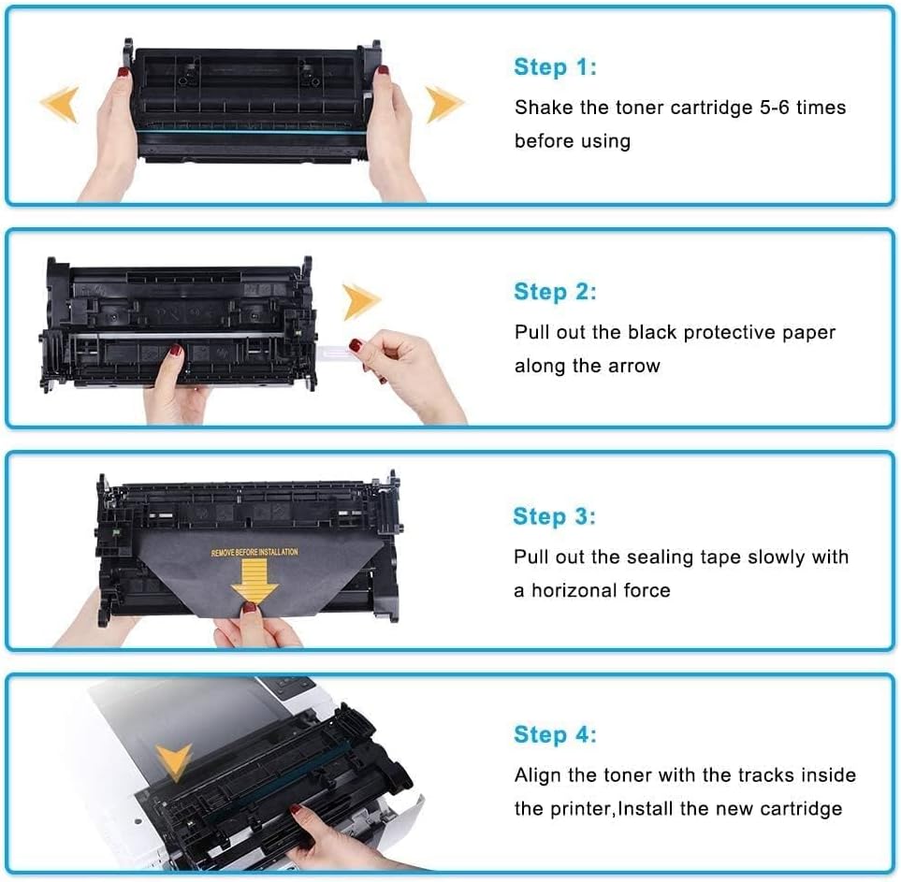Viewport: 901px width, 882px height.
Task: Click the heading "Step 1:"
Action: tap(555, 67)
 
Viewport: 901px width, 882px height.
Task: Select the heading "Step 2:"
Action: tap(555, 292)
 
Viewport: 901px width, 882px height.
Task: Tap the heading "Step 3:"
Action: tap(554, 516)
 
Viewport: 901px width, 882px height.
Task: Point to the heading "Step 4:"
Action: tap(555, 735)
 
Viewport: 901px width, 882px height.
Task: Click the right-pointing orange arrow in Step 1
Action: tap(444, 104)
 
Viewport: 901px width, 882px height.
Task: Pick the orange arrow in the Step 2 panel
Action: tap(361, 302)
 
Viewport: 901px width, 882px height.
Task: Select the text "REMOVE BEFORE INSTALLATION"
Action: tap(254, 553)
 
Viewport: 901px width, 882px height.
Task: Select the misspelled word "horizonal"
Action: tap(576, 590)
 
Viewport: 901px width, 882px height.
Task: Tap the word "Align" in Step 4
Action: tap(537, 775)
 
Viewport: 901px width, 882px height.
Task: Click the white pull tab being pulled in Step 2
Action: tap(335, 349)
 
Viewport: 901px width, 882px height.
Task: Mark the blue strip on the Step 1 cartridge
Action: tap(253, 137)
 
